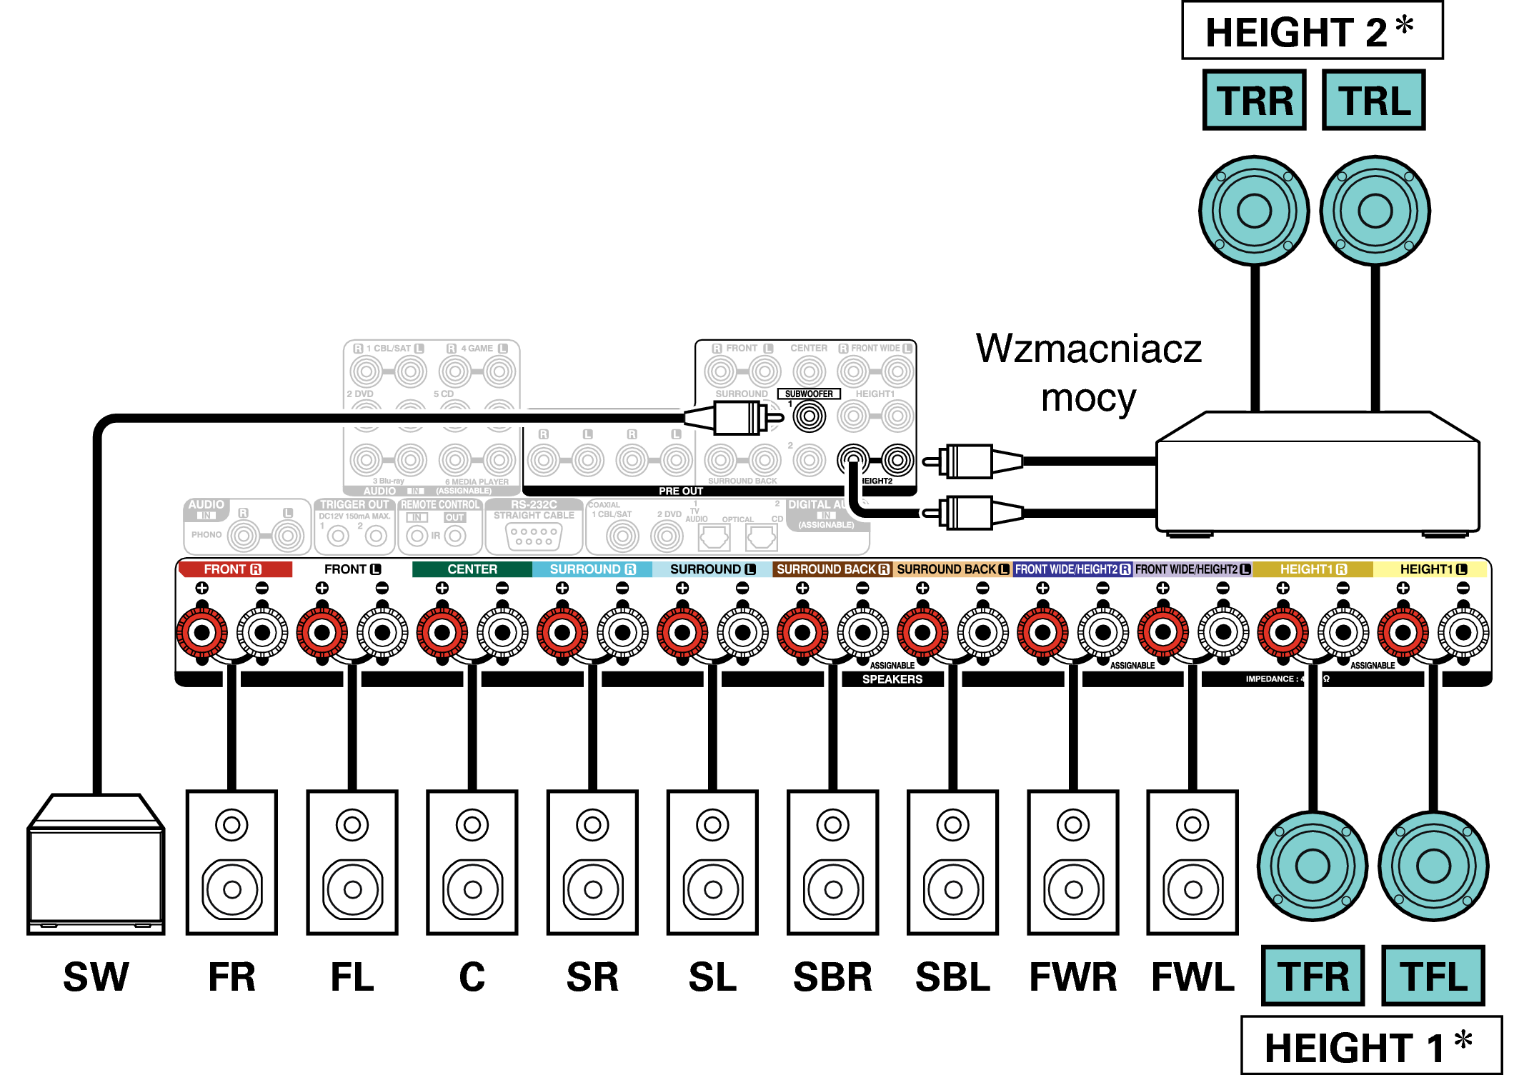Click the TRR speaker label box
[1254, 100]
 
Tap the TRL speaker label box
[1373, 100]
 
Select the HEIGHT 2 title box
[1312, 31]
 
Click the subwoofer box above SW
[96, 864]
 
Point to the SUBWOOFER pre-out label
[809, 394]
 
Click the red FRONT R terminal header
[234, 569]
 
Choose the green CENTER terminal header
[472, 569]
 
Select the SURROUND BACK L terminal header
[952, 569]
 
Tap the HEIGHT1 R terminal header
[1313, 569]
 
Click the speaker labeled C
[472, 862]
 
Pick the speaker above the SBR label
[832, 862]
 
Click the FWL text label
[1192, 977]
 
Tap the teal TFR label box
[1313, 976]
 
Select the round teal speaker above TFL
[1433, 866]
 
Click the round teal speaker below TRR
[1254, 210]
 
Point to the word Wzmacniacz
[1088, 349]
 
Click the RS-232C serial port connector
[534, 536]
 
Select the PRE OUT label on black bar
[680, 491]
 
